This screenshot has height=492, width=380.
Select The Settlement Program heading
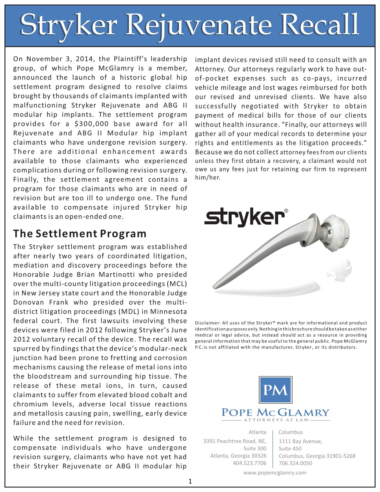(x=80, y=234)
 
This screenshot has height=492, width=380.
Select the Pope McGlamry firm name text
(x=275, y=412)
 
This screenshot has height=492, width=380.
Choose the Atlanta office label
(x=257, y=432)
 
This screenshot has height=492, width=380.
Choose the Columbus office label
(x=291, y=432)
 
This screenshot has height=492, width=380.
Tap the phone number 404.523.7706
(x=249, y=463)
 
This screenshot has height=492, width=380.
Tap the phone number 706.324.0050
(x=295, y=463)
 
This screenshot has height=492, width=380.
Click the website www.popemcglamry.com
(x=275, y=473)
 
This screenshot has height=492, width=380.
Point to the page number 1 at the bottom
(x=190, y=481)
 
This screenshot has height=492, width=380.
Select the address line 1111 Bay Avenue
(x=300, y=441)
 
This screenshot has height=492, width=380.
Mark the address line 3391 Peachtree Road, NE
(x=235, y=441)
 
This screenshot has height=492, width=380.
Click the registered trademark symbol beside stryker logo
(x=286, y=211)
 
